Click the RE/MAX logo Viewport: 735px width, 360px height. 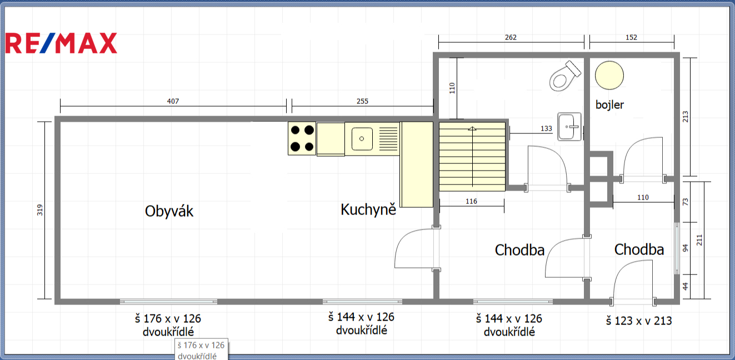(61, 43)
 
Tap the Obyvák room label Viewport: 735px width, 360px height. (169, 211)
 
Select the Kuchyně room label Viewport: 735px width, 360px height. (368, 209)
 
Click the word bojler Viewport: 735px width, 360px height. (609, 104)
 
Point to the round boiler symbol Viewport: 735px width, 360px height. (609, 75)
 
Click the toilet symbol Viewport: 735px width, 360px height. (565, 76)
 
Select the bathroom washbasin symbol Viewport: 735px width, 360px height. (569, 127)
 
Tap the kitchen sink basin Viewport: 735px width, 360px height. (362, 139)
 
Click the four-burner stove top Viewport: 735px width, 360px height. (302, 138)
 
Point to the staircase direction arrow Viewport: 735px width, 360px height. (472, 157)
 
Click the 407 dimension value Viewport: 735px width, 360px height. (173, 101)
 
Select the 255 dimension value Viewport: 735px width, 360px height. (363, 101)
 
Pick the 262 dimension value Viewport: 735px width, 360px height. (511, 37)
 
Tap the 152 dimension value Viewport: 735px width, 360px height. (631, 37)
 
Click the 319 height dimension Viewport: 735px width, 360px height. (39, 210)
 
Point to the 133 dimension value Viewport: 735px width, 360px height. (546, 129)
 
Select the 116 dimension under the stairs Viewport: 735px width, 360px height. (471, 201)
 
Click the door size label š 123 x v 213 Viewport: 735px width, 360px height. (639, 321)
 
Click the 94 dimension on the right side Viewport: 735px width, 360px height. (685, 248)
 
